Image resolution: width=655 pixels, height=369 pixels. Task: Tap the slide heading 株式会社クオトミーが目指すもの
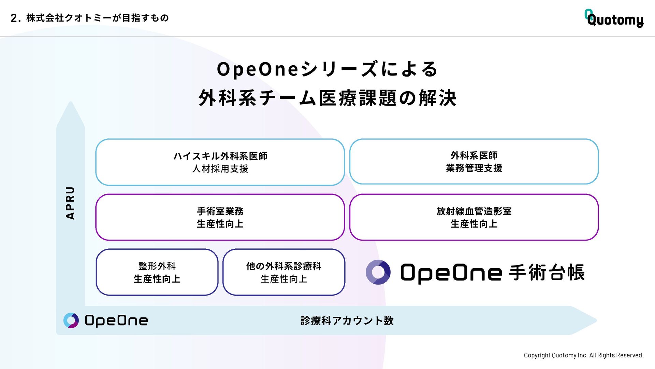coord(97,18)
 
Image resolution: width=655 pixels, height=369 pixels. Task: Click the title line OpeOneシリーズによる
coord(327,69)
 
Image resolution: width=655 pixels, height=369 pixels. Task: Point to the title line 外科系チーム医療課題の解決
coord(327,98)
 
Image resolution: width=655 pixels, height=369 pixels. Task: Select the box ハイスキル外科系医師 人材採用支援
coord(220,162)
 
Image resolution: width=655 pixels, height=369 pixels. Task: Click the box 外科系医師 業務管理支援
coord(474,162)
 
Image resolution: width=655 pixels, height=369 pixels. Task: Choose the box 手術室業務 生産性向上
coord(220,217)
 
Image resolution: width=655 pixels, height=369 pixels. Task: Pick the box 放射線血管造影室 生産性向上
coord(474,217)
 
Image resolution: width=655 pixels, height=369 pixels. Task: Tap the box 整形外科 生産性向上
coord(157,272)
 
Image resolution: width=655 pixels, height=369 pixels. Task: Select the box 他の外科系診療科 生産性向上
coord(284,272)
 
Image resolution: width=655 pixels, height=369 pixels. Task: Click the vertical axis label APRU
coord(70,203)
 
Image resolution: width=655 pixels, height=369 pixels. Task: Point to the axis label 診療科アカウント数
coord(347,320)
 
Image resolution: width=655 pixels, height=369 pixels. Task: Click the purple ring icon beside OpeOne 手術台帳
coord(378,272)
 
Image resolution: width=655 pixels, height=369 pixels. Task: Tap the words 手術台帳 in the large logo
coord(547,273)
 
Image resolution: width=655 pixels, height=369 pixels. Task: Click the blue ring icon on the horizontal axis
coord(71,320)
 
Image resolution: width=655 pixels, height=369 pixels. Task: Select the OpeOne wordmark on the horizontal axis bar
coord(116,320)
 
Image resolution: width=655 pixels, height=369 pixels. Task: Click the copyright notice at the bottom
coord(584,355)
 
